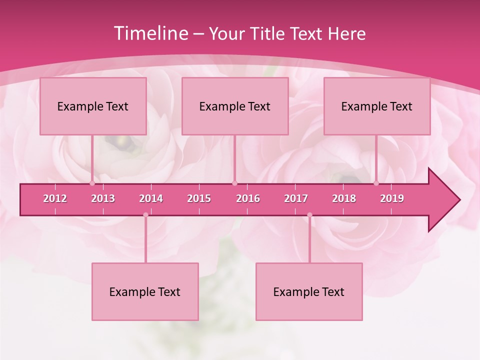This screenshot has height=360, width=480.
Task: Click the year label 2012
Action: point(55,198)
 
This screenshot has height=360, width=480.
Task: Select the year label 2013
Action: point(103,198)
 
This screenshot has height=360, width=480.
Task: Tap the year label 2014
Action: point(151,198)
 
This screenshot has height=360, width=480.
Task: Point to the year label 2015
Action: point(199,198)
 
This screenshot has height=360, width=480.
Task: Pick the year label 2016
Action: point(248,198)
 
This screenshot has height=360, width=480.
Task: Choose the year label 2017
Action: point(296,198)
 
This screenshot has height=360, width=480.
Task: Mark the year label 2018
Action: point(344,198)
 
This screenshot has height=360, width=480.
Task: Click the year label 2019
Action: point(392,198)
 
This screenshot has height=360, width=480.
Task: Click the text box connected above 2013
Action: point(93,106)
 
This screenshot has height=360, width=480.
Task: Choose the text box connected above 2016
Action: point(235,106)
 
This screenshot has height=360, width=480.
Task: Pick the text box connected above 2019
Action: point(377,106)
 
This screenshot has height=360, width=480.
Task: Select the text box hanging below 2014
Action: point(145,291)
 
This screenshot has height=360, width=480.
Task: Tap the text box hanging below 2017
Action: point(309,291)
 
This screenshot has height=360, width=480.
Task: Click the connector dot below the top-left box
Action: point(92,183)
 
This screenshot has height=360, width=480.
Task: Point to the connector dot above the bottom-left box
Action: point(145,215)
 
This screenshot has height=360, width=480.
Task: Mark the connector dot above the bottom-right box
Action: point(309,215)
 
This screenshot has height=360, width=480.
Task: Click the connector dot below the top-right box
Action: point(376,183)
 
